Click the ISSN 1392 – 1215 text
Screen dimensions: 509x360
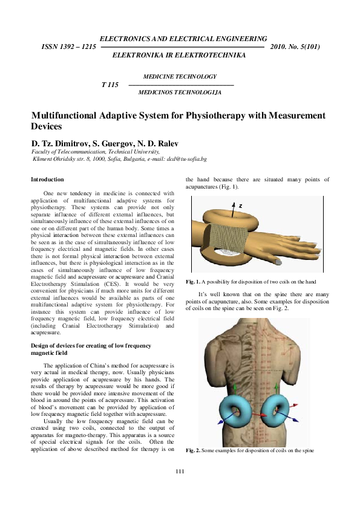[x=68, y=47]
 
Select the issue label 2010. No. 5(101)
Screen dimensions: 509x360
[x=295, y=47]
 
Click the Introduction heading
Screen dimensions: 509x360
[x=47, y=180]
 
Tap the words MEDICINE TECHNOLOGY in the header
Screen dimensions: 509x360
[x=179, y=77]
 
